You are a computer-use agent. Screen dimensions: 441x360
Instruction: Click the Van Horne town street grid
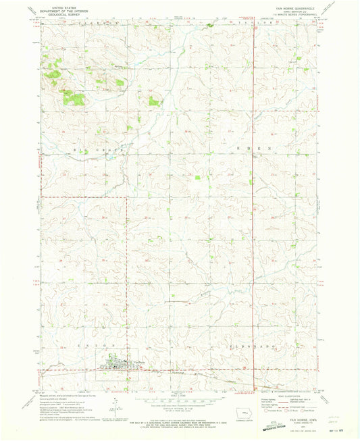click(121, 366)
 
